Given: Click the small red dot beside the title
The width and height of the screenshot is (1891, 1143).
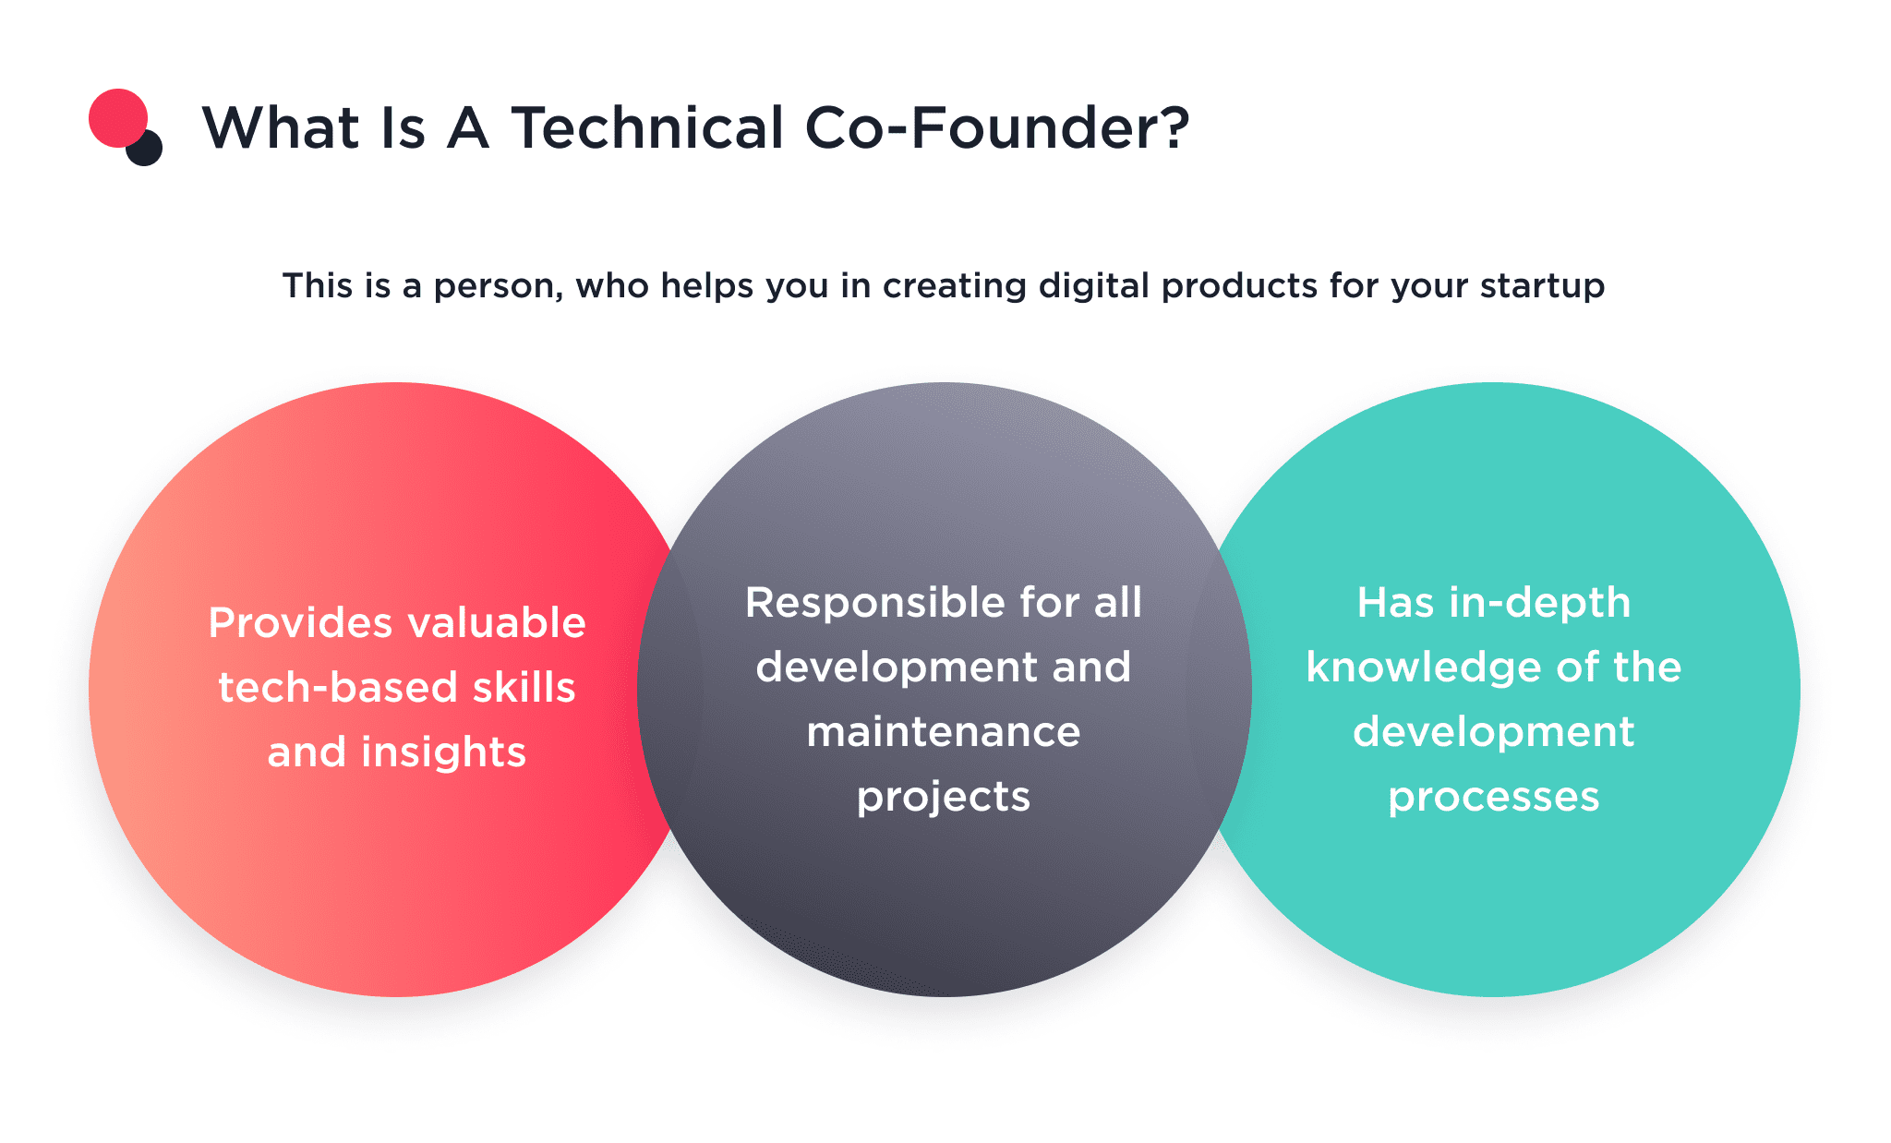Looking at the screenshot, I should (x=117, y=117).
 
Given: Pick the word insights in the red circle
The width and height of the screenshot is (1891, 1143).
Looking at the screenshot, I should (x=443, y=752).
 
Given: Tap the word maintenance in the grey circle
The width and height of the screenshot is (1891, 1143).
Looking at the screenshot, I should (x=944, y=732).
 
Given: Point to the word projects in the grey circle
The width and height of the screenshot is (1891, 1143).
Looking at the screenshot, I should (x=944, y=797).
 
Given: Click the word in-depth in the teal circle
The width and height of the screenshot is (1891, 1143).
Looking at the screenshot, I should (x=1539, y=603).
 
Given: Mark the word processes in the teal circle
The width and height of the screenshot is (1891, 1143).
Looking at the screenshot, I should (x=1494, y=797).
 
